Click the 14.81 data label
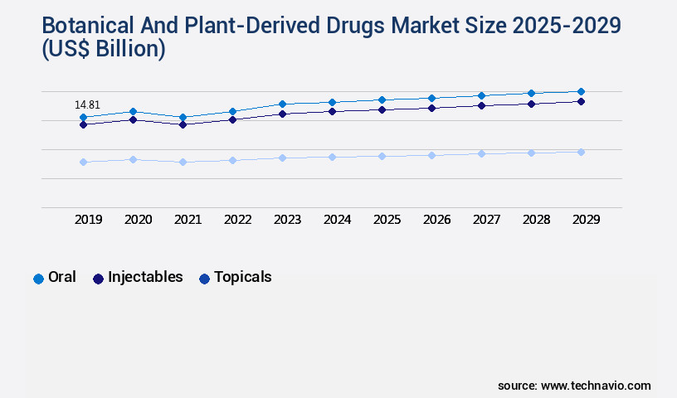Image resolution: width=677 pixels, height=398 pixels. coord(87,105)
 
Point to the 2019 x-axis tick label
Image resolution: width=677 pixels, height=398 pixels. coord(88,220)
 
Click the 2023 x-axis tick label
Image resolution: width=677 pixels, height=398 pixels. coord(287,220)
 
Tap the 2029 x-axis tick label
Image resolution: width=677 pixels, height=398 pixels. coord(586,220)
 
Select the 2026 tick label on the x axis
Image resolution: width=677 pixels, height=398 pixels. coord(436,220)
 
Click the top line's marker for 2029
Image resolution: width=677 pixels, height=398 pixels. coord(581,91)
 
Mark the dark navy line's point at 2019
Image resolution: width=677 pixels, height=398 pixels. coord(83,124)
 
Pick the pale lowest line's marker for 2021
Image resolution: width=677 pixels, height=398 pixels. coord(183,162)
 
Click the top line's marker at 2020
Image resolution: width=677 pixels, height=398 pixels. coord(133,111)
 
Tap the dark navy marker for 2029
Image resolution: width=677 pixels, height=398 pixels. coord(581,101)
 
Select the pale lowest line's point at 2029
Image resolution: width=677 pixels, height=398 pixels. coord(581,152)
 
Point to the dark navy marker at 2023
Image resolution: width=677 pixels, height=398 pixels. coord(282,114)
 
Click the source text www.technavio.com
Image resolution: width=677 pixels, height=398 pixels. coord(596,386)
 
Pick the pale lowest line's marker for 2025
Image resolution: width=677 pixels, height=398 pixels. coord(382,156)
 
